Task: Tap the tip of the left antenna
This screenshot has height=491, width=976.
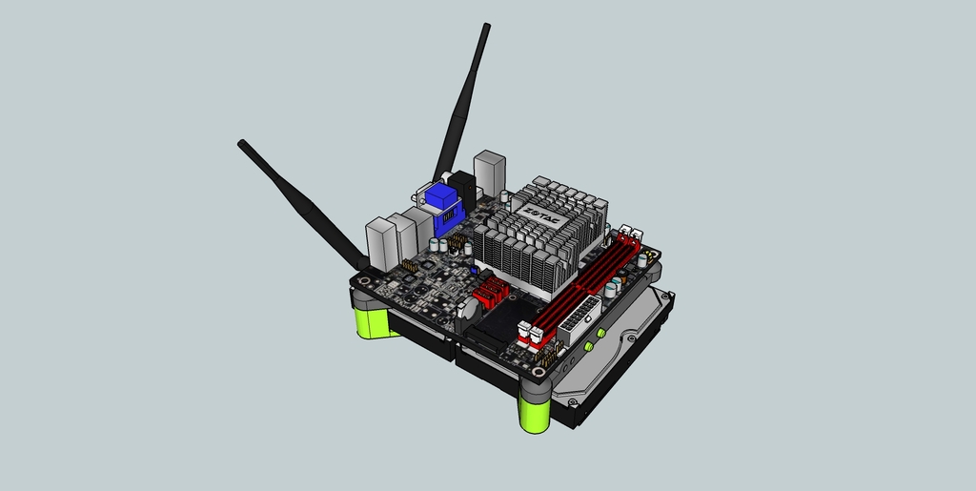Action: point(242,144)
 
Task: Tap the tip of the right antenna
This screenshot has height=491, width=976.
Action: point(486,28)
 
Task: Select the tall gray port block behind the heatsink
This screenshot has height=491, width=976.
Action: point(489,173)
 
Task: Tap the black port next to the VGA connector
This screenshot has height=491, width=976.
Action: point(463,188)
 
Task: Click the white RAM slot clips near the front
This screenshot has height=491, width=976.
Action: point(530,334)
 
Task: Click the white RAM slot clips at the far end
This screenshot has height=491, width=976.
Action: point(630,234)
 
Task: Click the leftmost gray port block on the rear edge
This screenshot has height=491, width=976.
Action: point(380,243)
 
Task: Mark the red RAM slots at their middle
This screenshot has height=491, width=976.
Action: point(581,282)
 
